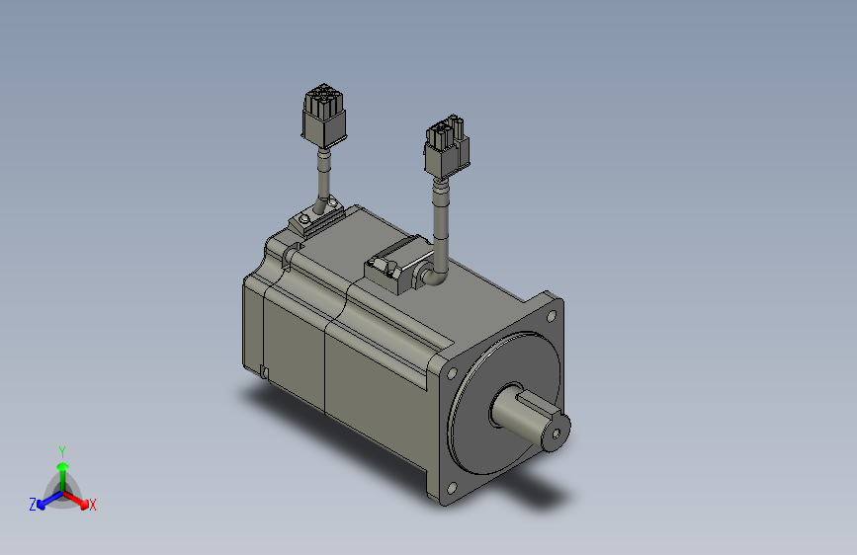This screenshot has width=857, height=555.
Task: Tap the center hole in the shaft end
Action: pos(557,434)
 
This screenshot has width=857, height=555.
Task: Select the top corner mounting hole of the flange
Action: pos(551,316)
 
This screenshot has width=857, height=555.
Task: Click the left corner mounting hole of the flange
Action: pos(452,373)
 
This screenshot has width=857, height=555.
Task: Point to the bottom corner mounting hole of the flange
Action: pos(452,488)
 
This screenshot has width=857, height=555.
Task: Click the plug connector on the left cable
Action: pos(324,116)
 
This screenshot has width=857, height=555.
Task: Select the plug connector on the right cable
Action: pos(447,146)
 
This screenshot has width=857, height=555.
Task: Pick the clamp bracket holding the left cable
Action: pos(316,217)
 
